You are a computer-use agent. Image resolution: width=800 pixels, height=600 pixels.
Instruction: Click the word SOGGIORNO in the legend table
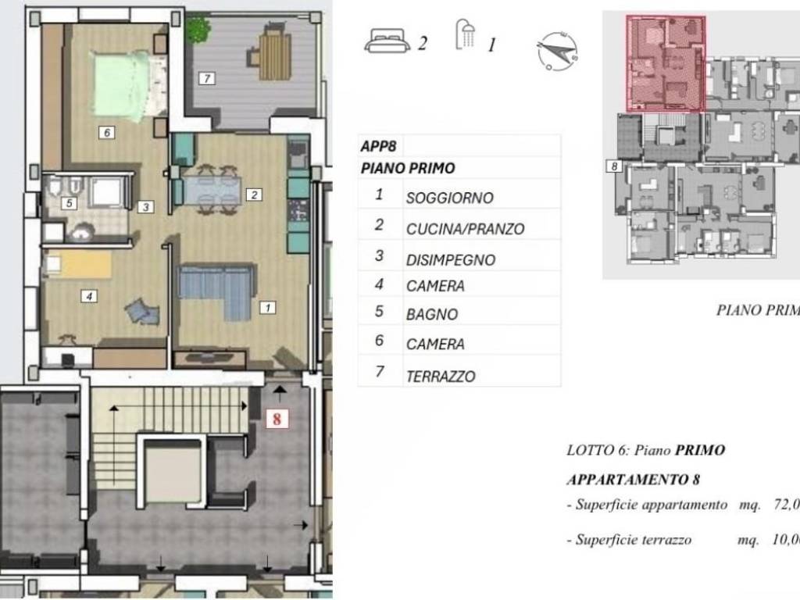point(449,198)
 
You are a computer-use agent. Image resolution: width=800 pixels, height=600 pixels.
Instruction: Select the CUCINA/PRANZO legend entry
point(465,229)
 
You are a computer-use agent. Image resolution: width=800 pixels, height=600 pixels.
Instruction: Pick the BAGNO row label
point(431,315)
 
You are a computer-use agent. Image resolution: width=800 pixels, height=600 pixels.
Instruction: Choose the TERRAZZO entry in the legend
point(441,376)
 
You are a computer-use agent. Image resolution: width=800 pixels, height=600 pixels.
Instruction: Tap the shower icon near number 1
point(466,36)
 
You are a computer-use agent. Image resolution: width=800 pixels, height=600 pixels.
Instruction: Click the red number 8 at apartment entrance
point(277,419)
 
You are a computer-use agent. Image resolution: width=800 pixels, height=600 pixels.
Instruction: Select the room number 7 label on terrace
point(206,78)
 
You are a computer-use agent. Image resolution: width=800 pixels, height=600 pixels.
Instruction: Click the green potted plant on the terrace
point(198,30)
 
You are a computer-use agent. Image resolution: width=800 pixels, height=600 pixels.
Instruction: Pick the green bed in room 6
point(123,84)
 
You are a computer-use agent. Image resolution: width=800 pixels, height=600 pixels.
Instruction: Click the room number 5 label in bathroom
point(70,203)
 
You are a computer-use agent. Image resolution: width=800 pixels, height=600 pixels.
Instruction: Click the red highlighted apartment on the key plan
point(666,62)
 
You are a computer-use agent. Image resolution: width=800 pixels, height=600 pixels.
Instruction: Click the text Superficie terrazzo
point(633,540)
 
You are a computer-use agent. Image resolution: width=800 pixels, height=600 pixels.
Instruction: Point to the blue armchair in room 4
point(143,312)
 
